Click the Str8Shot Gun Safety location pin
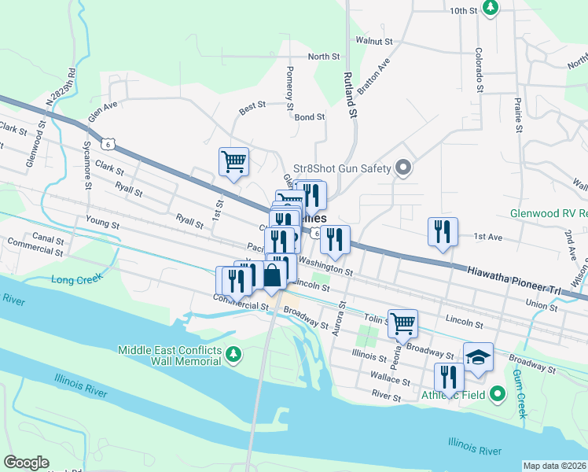pos(404,168)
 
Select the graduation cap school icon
pos(478,356)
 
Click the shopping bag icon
pos(272,276)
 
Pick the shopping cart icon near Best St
pos(233,162)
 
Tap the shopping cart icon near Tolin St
pos(402,323)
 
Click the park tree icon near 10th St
pos(491,8)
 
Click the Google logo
pos(27,463)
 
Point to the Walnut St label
pos(373,40)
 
